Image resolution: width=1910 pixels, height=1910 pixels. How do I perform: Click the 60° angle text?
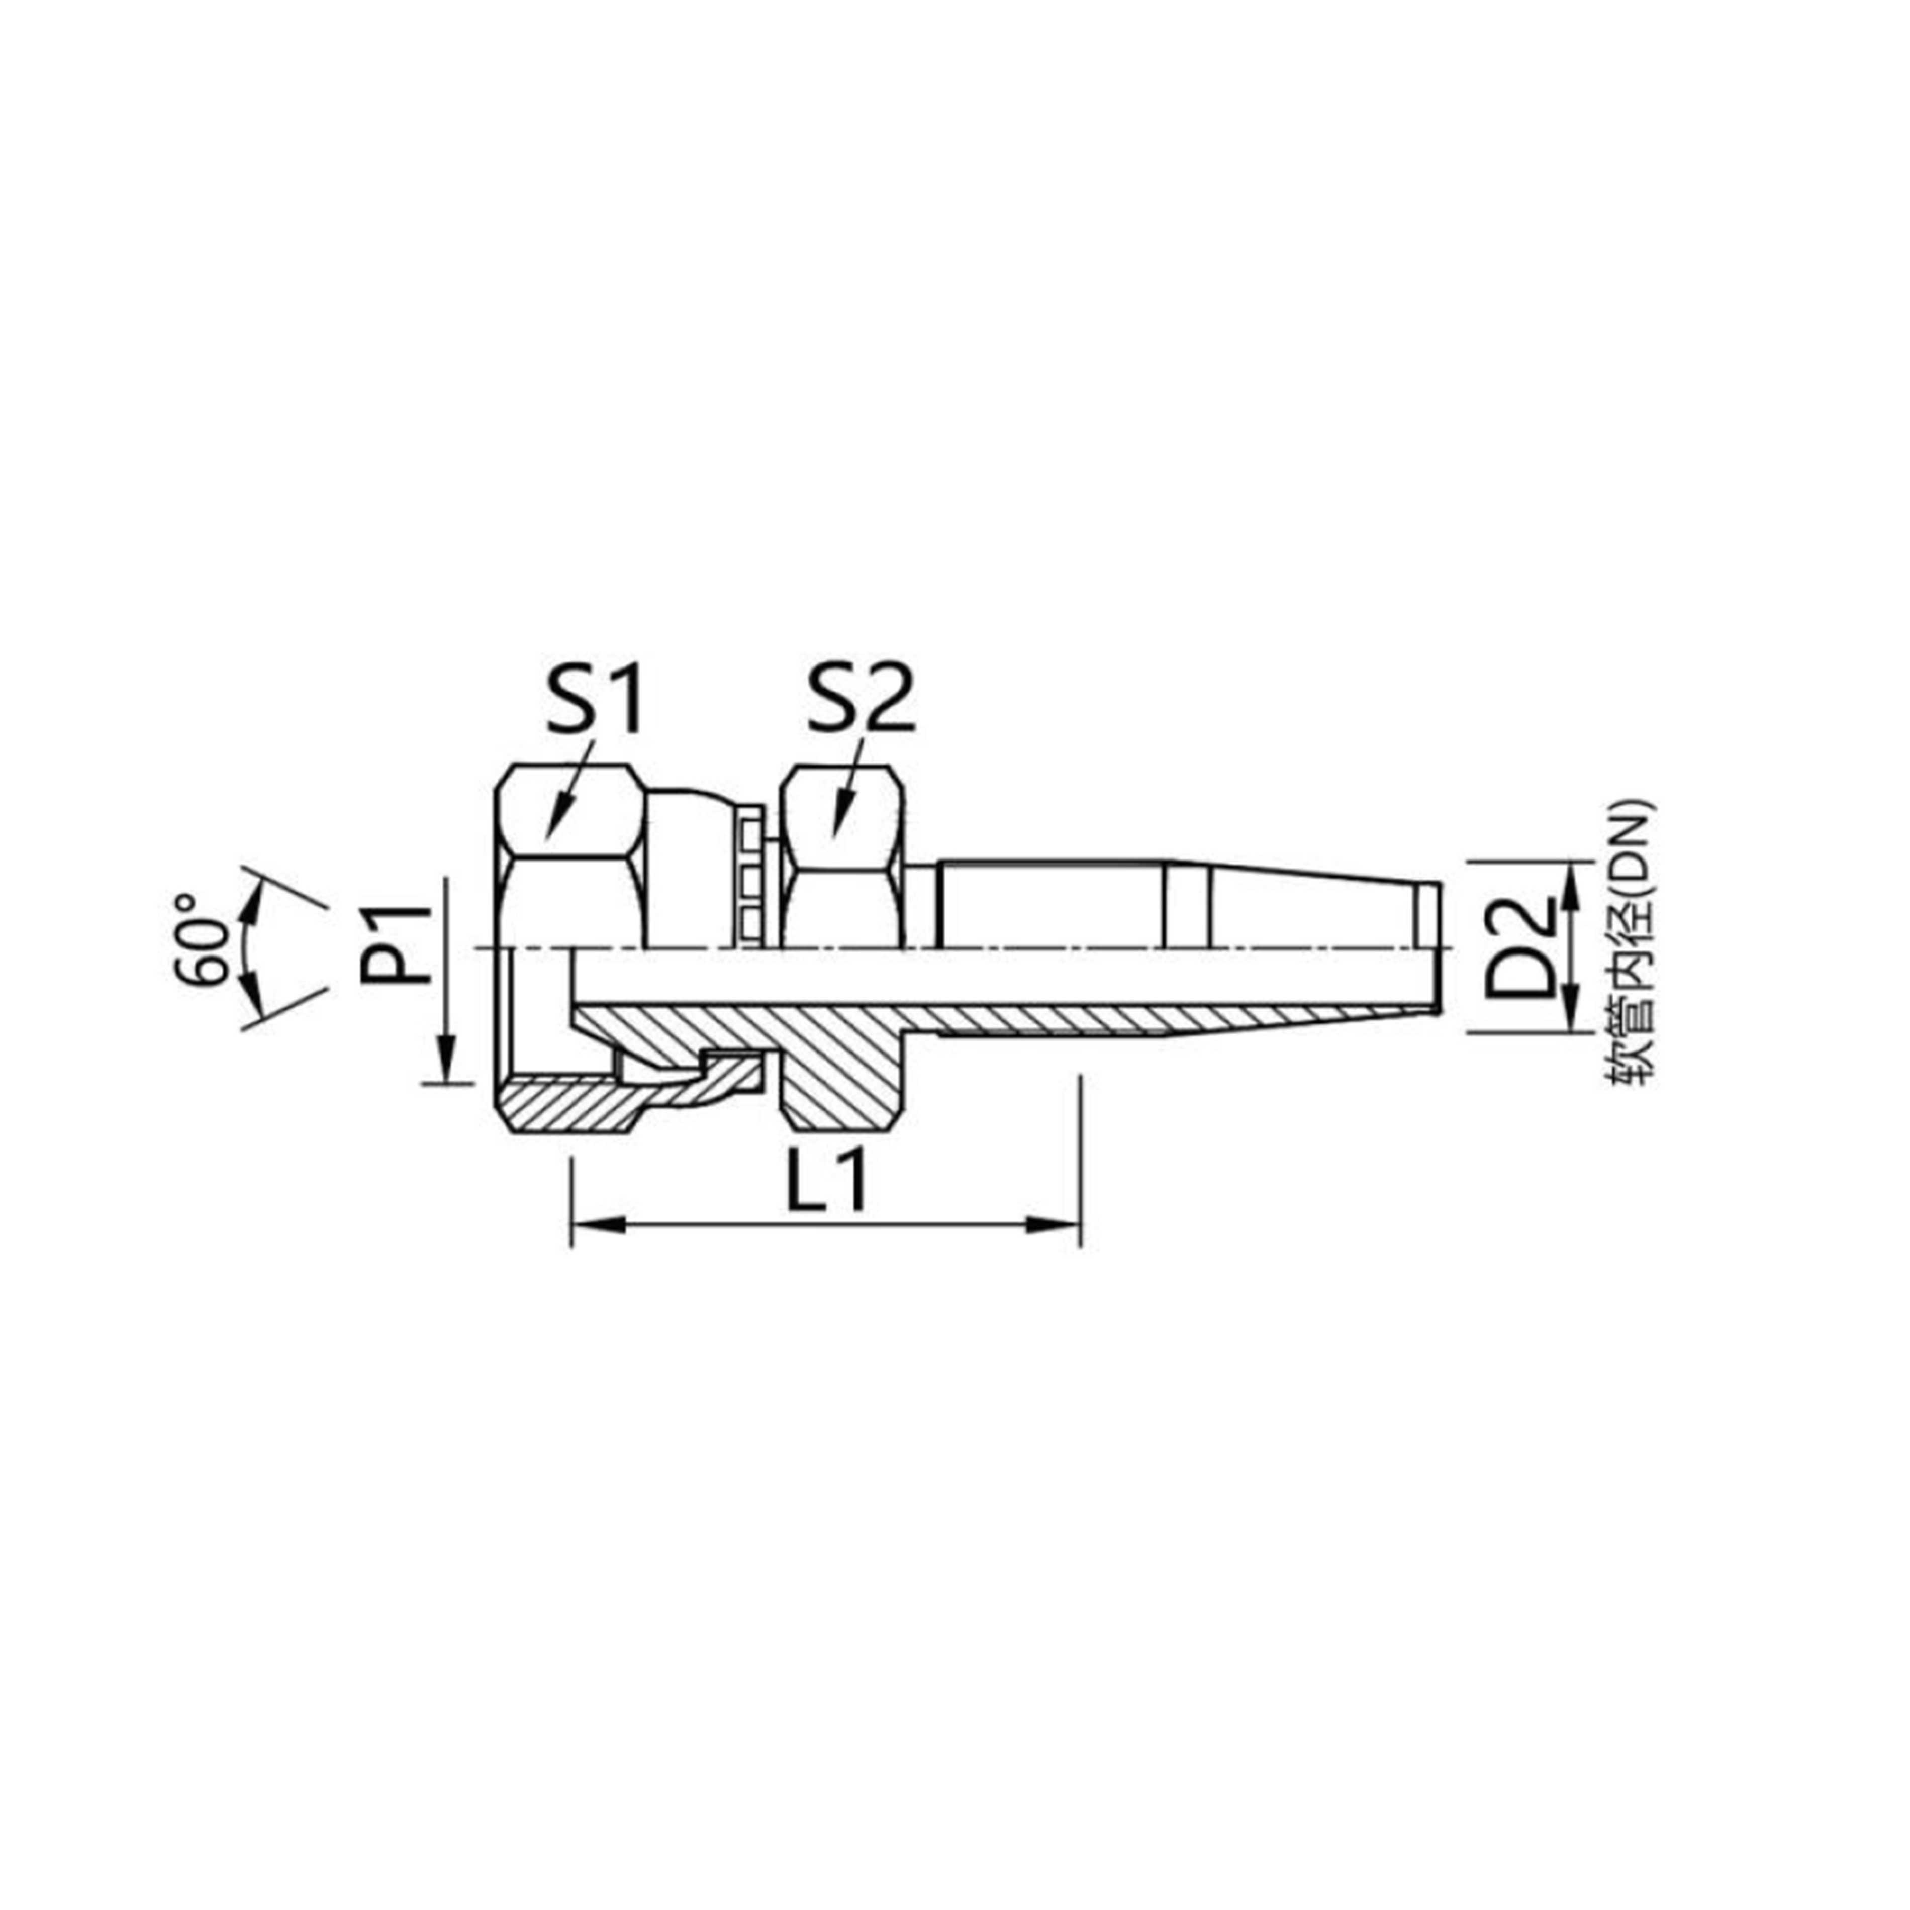coord(203,939)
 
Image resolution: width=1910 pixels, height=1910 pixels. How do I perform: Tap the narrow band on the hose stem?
coord(1186,905)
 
